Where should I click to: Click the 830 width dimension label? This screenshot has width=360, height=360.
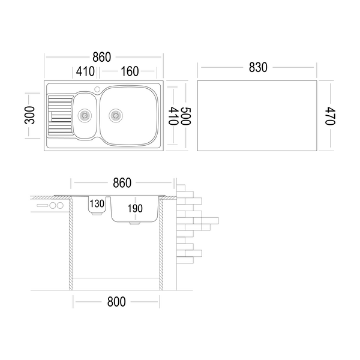coord(258,67)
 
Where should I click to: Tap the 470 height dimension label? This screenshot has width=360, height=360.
coord(330,116)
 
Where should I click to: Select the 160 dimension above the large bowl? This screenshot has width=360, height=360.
coord(130,71)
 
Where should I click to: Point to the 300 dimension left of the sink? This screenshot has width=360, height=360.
coord(29,115)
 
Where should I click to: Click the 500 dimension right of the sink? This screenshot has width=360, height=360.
coord(185,116)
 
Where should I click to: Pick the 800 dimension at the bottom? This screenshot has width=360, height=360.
coord(116,302)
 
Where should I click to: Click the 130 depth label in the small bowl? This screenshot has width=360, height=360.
coord(97,203)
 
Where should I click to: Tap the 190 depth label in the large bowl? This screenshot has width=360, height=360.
coord(135,208)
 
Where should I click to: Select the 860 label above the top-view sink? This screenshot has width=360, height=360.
coord(102,57)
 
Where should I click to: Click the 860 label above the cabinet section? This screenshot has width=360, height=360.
coord(122,183)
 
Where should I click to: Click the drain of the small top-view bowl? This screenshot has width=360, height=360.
coord(85,115)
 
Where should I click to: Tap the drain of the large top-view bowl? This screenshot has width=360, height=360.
coord(116,115)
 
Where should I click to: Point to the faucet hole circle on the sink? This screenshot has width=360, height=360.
coord(97,89)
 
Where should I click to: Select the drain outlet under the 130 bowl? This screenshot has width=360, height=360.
coord(97,214)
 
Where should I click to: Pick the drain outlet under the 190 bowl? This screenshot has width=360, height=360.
coord(135,223)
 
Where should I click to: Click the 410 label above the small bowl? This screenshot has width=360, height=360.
coord(85,71)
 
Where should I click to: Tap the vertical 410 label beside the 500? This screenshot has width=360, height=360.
coord(173,116)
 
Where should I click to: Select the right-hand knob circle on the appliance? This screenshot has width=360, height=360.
coord(60,205)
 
